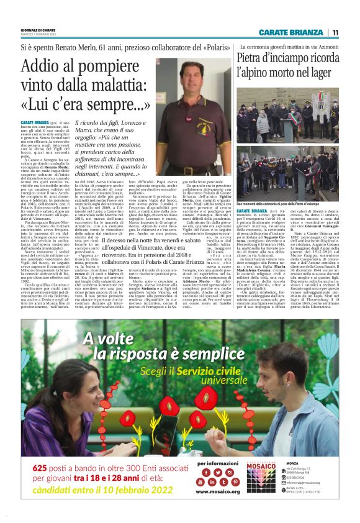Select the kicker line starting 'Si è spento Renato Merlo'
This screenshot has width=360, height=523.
[117, 47]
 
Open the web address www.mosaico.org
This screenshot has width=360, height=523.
[218, 509]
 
